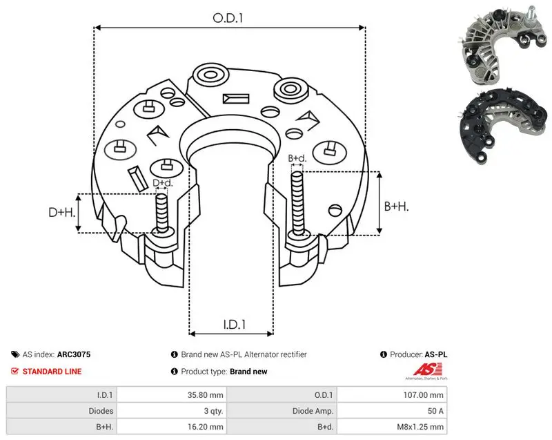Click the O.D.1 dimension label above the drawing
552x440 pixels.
228,18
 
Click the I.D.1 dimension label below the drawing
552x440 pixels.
235,325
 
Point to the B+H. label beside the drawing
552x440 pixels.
396,206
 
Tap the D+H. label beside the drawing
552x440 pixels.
62,212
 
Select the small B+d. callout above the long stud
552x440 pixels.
297,158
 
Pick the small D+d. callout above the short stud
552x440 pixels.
163,183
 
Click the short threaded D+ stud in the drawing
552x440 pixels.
162,213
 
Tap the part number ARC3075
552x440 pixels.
74,354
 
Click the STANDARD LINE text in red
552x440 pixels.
52,372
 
